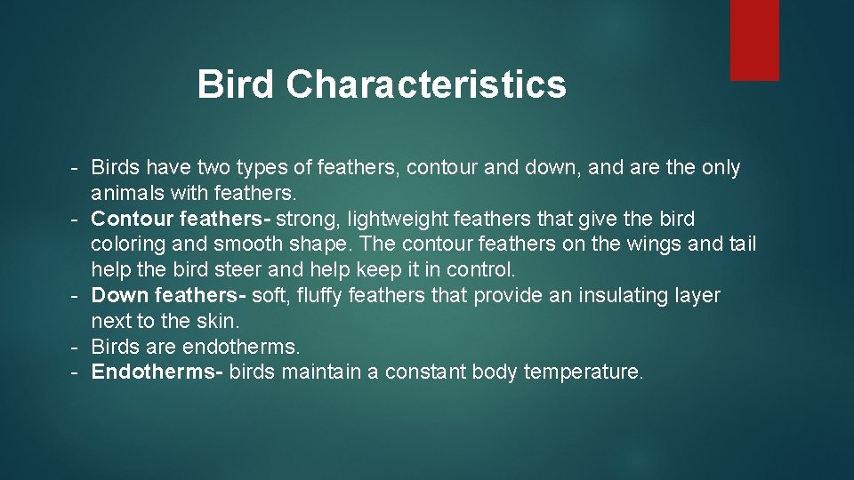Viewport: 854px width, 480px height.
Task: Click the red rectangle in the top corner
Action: [x=754, y=40]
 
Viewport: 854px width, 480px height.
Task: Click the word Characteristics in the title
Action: [x=426, y=84]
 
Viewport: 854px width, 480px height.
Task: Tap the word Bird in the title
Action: [x=236, y=84]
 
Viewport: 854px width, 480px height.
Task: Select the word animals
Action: [x=128, y=193]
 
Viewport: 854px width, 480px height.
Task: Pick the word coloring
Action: [x=127, y=244]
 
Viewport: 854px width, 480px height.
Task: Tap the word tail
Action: [x=740, y=244]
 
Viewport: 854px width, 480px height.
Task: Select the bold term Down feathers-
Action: [x=170, y=295]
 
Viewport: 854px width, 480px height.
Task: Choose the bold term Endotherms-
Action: [x=157, y=372]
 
